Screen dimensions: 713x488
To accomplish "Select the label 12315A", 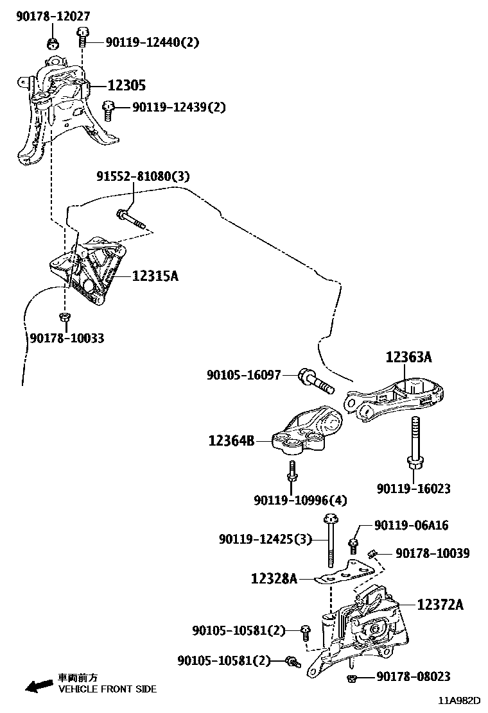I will coord(155,276).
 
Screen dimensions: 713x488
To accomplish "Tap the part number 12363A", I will coord(409,358).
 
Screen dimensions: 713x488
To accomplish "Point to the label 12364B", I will coord(231,440).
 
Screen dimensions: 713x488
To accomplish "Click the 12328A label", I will coord(274,579).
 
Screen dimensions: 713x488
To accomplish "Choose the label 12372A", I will coord(440,604).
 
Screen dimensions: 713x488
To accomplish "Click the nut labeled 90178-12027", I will coord(53,43).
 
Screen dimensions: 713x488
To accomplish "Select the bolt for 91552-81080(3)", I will coord(130,219).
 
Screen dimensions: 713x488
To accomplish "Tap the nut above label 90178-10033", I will coord(64,317).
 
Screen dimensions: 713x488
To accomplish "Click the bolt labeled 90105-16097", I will coord(315,382).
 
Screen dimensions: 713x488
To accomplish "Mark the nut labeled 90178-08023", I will coord(352,678).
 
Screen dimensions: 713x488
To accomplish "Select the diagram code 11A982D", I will coord(460,702).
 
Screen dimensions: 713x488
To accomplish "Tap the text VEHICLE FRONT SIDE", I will coord(107,689).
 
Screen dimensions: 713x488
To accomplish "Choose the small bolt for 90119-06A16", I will coord(353,545).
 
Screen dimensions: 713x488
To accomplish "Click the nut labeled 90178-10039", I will coord(372,553).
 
